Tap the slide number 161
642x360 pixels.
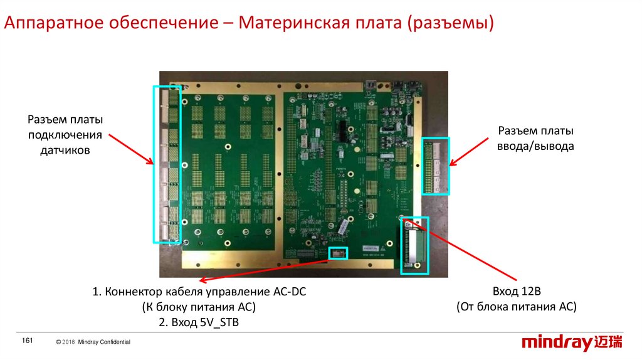click(27, 340)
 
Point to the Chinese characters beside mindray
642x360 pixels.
click(608, 342)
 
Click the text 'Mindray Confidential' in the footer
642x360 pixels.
click(104, 341)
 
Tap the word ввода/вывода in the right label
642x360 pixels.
click(536, 146)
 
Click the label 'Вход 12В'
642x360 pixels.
click(515, 292)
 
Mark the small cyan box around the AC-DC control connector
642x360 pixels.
click(338, 253)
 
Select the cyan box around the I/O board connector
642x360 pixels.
click(435, 166)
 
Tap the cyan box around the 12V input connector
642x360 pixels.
click(414, 245)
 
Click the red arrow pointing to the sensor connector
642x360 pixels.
click(131, 148)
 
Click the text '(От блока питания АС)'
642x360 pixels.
click(515, 307)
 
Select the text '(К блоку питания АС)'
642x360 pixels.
click(199, 307)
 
